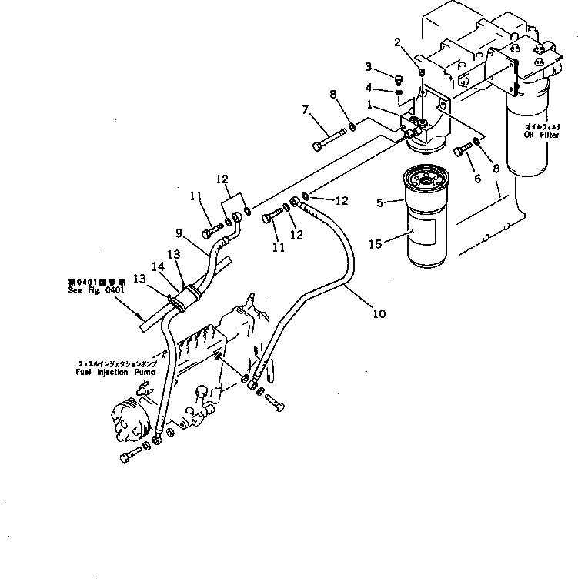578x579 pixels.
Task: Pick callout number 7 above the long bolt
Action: pyautogui.click(x=306, y=111)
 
